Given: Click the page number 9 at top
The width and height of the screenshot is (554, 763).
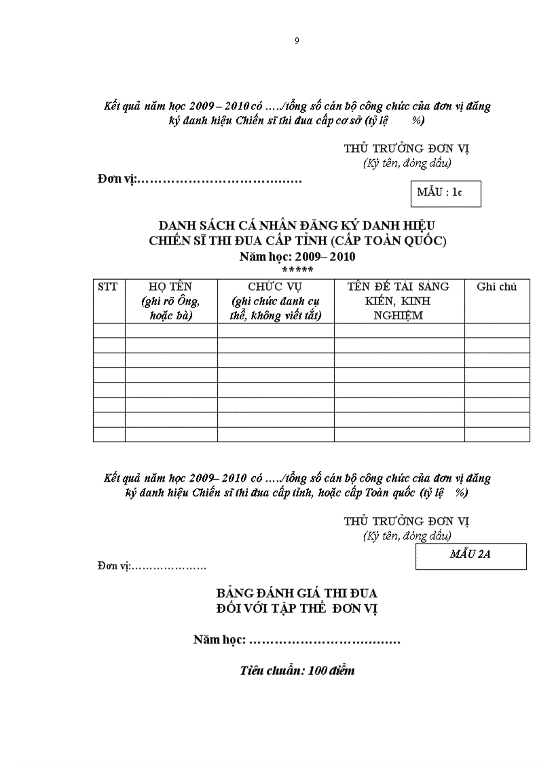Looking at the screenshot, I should point(297,41).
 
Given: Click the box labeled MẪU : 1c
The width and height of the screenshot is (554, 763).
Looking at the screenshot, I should point(445,193).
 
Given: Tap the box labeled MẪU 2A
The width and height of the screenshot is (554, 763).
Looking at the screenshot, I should point(470,554).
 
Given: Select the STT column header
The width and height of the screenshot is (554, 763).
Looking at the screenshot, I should point(108,287).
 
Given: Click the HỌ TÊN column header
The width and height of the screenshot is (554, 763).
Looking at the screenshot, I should point(170,287).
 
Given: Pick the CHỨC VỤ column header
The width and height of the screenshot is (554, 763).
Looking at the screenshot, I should point(275,287).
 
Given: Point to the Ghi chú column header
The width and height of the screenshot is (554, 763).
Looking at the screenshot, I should point(496,287).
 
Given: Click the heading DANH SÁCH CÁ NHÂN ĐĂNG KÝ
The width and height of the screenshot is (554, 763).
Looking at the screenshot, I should point(297,225).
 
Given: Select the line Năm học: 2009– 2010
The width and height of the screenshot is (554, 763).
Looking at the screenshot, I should point(297,257).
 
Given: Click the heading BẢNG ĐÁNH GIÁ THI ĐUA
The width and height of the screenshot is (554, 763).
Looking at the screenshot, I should point(297,593).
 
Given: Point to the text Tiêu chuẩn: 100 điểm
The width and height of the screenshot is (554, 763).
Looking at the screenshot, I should point(297,671).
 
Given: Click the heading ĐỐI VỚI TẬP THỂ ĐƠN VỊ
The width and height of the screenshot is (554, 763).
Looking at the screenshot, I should point(297,608).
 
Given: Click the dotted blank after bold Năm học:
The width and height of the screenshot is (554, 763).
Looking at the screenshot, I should point(325,641).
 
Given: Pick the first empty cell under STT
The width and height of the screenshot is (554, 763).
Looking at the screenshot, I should point(109,330).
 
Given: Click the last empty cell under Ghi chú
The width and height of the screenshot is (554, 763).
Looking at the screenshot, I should point(496,434).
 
